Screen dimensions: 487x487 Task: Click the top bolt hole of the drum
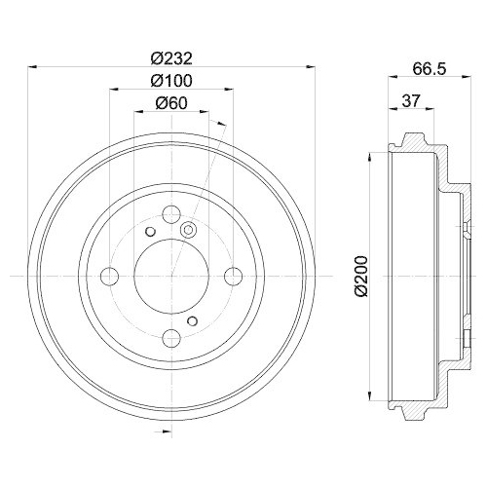(170, 216)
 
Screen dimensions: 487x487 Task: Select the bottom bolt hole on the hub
(170, 338)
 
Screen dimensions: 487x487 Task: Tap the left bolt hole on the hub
(110, 278)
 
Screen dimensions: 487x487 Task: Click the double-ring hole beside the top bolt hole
(189, 230)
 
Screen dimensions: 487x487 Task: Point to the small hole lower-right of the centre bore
(193, 321)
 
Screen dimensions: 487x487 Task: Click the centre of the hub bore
(170, 278)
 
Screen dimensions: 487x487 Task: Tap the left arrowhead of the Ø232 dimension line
(35, 66)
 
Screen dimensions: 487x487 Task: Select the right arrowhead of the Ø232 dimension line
(307, 66)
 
